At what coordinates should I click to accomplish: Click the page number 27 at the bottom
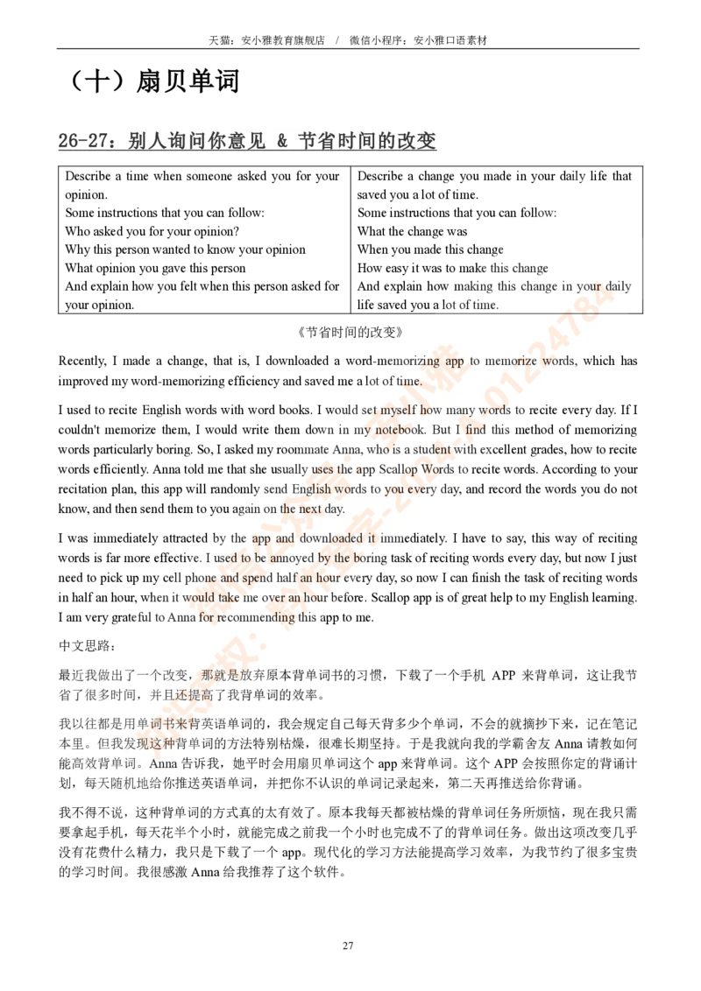click(x=348, y=945)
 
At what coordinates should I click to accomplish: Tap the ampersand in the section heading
click(x=281, y=140)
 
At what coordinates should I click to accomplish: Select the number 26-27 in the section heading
click(x=83, y=140)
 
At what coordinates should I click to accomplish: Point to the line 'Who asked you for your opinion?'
click(x=152, y=231)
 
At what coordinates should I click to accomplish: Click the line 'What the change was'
click(x=412, y=231)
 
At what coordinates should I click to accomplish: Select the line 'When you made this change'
click(x=430, y=250)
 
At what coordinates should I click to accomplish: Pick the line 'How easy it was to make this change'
click(x=452, y=268)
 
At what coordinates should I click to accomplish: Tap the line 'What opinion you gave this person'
click(x=155, y=268)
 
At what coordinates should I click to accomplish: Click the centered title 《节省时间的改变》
click(x=350, y=333)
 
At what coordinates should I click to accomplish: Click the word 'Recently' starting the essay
click(x=82, y=362)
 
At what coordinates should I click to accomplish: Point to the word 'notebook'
click(x=400, y=430)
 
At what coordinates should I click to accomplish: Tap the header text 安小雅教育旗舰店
click(x=283, y=40)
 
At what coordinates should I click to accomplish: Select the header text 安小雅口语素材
click(x=450, y=40)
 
